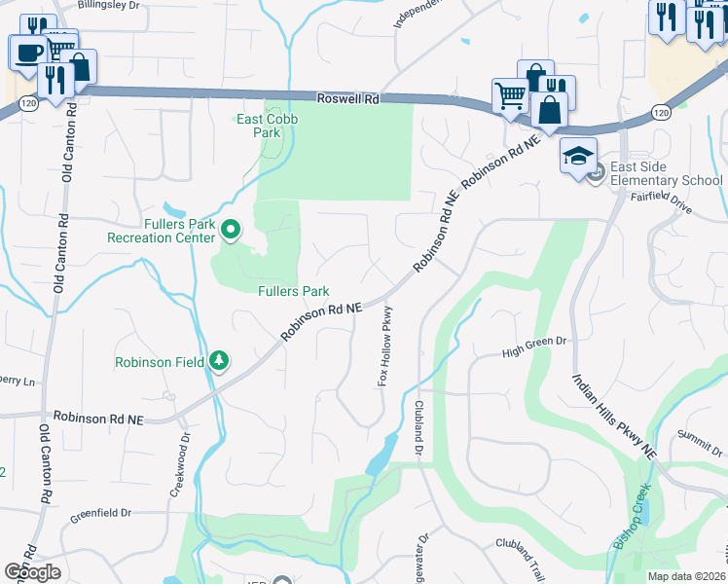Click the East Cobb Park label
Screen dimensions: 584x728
pos(268,126)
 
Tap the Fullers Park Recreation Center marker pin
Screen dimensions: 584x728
pos(231,230)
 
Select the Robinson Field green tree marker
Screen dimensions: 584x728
pos(220,361)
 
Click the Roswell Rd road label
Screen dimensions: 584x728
pos(347,99)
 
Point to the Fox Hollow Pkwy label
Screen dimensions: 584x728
pos(386,347)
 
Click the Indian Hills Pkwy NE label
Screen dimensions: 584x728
pos(614,418)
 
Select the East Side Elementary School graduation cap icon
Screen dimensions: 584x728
pos(577,156)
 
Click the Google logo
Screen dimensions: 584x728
pos(32,572)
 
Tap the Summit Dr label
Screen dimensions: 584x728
pos(702,442)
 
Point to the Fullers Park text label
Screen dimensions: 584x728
pos(293,291)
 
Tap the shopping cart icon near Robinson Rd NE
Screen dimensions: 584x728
pos(509,96)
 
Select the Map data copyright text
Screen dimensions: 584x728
pos(687,576)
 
